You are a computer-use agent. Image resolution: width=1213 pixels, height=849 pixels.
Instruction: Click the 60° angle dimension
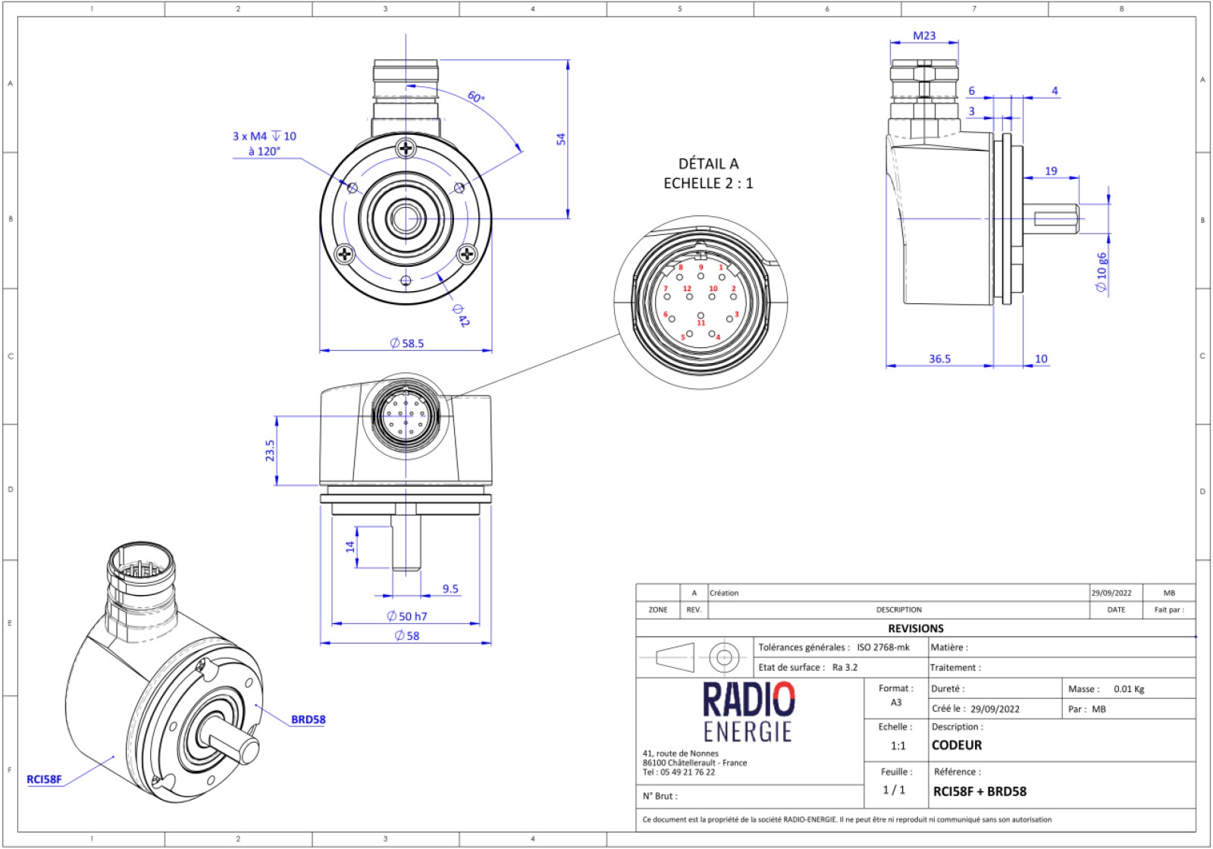pos(476,97)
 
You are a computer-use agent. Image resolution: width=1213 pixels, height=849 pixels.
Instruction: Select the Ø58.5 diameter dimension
pos(407,343)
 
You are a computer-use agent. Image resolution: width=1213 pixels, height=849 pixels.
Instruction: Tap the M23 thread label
pos(924,36)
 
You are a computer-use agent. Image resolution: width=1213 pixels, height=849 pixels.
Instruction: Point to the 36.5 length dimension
pos(939,359)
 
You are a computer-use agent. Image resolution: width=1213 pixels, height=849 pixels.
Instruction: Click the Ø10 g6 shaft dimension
pos(1102,272)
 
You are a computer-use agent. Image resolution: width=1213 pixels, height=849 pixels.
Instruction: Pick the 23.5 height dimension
pos(270,450)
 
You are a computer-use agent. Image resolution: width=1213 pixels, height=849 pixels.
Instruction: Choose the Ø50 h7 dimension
pos(407,616)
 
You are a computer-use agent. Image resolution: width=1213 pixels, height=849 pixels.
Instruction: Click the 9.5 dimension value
pos(450,589)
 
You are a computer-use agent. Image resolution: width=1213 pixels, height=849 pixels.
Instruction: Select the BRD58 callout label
pos(308,719)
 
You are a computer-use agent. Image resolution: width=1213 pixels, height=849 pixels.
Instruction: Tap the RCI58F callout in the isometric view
pos(44,779)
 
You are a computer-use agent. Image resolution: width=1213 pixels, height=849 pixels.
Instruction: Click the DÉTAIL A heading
pos(708,164)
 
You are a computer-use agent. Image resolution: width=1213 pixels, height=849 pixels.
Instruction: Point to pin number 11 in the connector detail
pos(701,323)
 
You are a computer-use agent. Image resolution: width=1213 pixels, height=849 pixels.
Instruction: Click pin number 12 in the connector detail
pos(687,289)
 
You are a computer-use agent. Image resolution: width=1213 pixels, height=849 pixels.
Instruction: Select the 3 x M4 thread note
pos(264,136)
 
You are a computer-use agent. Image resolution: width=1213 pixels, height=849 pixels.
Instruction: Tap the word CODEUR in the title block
pos(957,745)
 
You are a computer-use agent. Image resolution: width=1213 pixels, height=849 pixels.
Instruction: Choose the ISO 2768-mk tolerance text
pos(883,647)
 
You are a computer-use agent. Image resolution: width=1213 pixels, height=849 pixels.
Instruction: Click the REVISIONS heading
pos(916,628)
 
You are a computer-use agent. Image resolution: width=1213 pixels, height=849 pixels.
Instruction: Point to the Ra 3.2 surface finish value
pos(845,667)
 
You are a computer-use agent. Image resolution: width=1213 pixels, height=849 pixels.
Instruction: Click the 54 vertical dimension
pos(561,139)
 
